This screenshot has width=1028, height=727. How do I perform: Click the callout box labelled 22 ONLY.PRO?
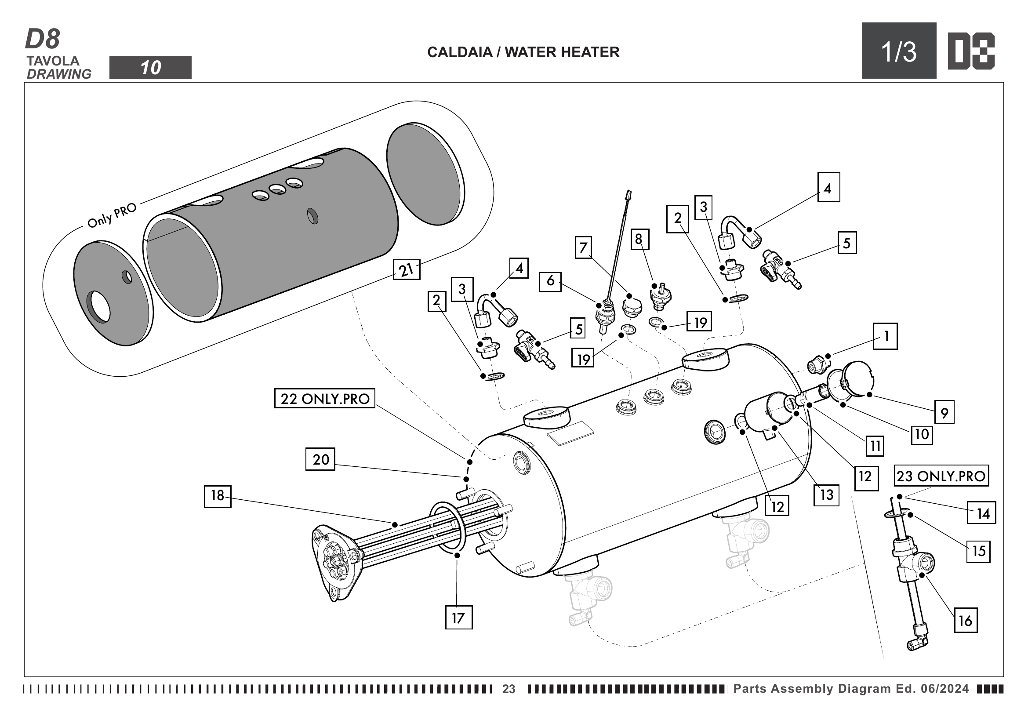(324, 398)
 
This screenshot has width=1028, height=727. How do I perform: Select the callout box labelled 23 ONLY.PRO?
(941, 476)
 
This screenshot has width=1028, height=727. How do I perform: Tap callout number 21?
(406, 269)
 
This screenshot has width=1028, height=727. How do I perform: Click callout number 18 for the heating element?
(218, 495)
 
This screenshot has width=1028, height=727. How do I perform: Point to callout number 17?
(458, 618)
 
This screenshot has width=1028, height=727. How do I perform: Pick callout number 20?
(320, 459)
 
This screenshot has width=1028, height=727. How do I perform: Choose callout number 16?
(965, 621)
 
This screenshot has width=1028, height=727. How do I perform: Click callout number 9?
(944, 412)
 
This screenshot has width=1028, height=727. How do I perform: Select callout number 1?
(885, 336)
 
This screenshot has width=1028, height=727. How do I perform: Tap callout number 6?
(550, 282)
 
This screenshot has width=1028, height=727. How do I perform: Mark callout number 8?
(639, 240)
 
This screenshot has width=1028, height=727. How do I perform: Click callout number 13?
(827, 494)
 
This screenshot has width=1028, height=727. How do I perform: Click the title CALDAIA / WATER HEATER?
(523, 52)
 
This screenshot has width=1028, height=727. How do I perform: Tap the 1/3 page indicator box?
(899, 51)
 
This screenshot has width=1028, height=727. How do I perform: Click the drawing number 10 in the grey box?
(150, 68)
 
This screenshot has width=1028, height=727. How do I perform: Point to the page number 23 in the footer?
(509, 689)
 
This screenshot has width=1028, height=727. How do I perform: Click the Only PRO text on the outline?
(112, 215)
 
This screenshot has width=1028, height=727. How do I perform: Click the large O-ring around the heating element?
(448, 528)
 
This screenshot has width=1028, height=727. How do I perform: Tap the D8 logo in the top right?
(971, 51)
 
